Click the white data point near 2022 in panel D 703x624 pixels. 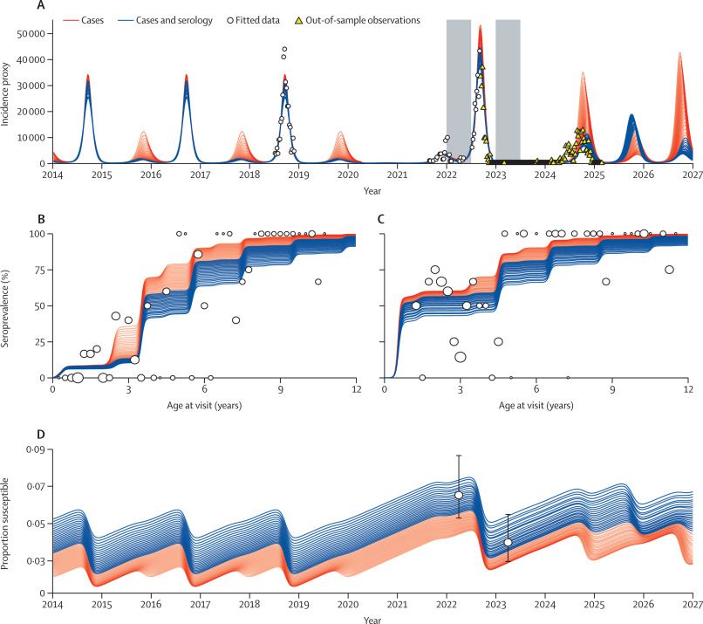[459, 495]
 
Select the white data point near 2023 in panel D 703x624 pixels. [508, 543]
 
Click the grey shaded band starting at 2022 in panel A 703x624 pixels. [459, 87]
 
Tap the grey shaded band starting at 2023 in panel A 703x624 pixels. [508, 87]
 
